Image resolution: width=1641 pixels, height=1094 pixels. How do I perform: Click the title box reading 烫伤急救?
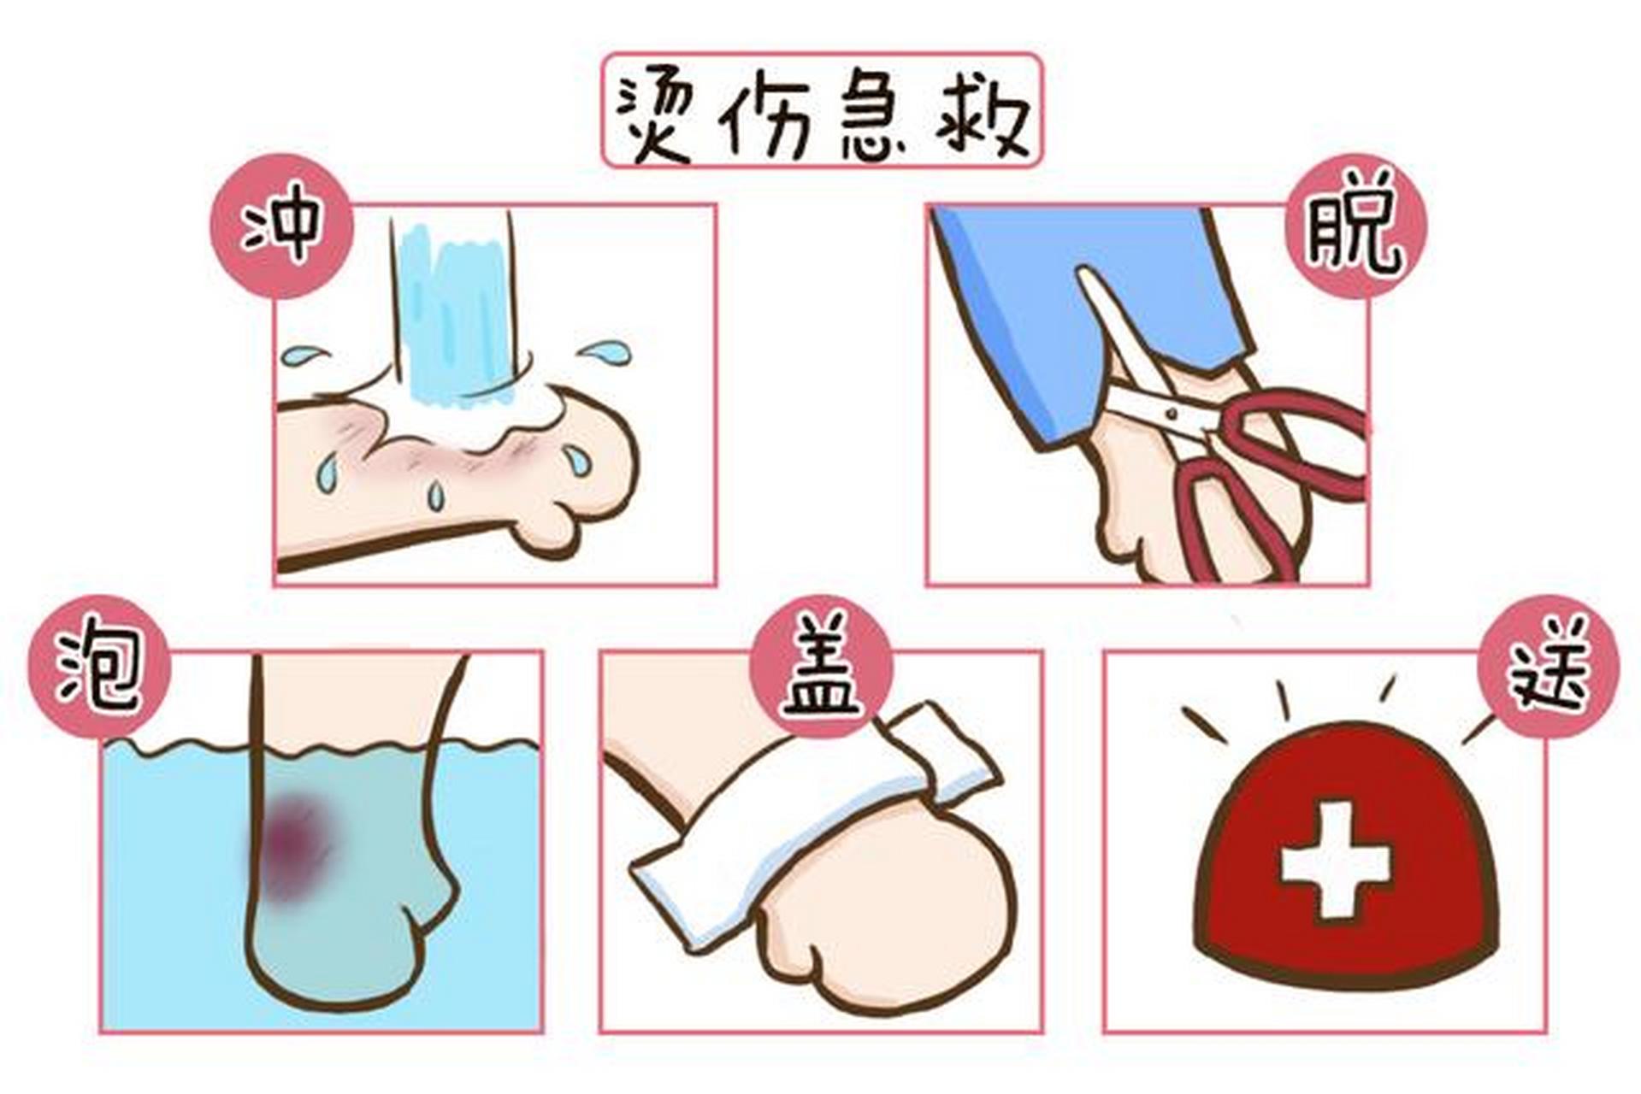pos(822,110)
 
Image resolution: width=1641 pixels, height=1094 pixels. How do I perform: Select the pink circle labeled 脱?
pos(1356,226)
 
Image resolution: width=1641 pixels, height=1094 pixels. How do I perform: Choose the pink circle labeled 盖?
pos(822,667)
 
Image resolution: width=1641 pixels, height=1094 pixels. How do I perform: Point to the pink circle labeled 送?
pos(1549,667)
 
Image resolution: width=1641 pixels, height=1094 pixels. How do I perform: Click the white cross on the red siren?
pos(1333,859)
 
